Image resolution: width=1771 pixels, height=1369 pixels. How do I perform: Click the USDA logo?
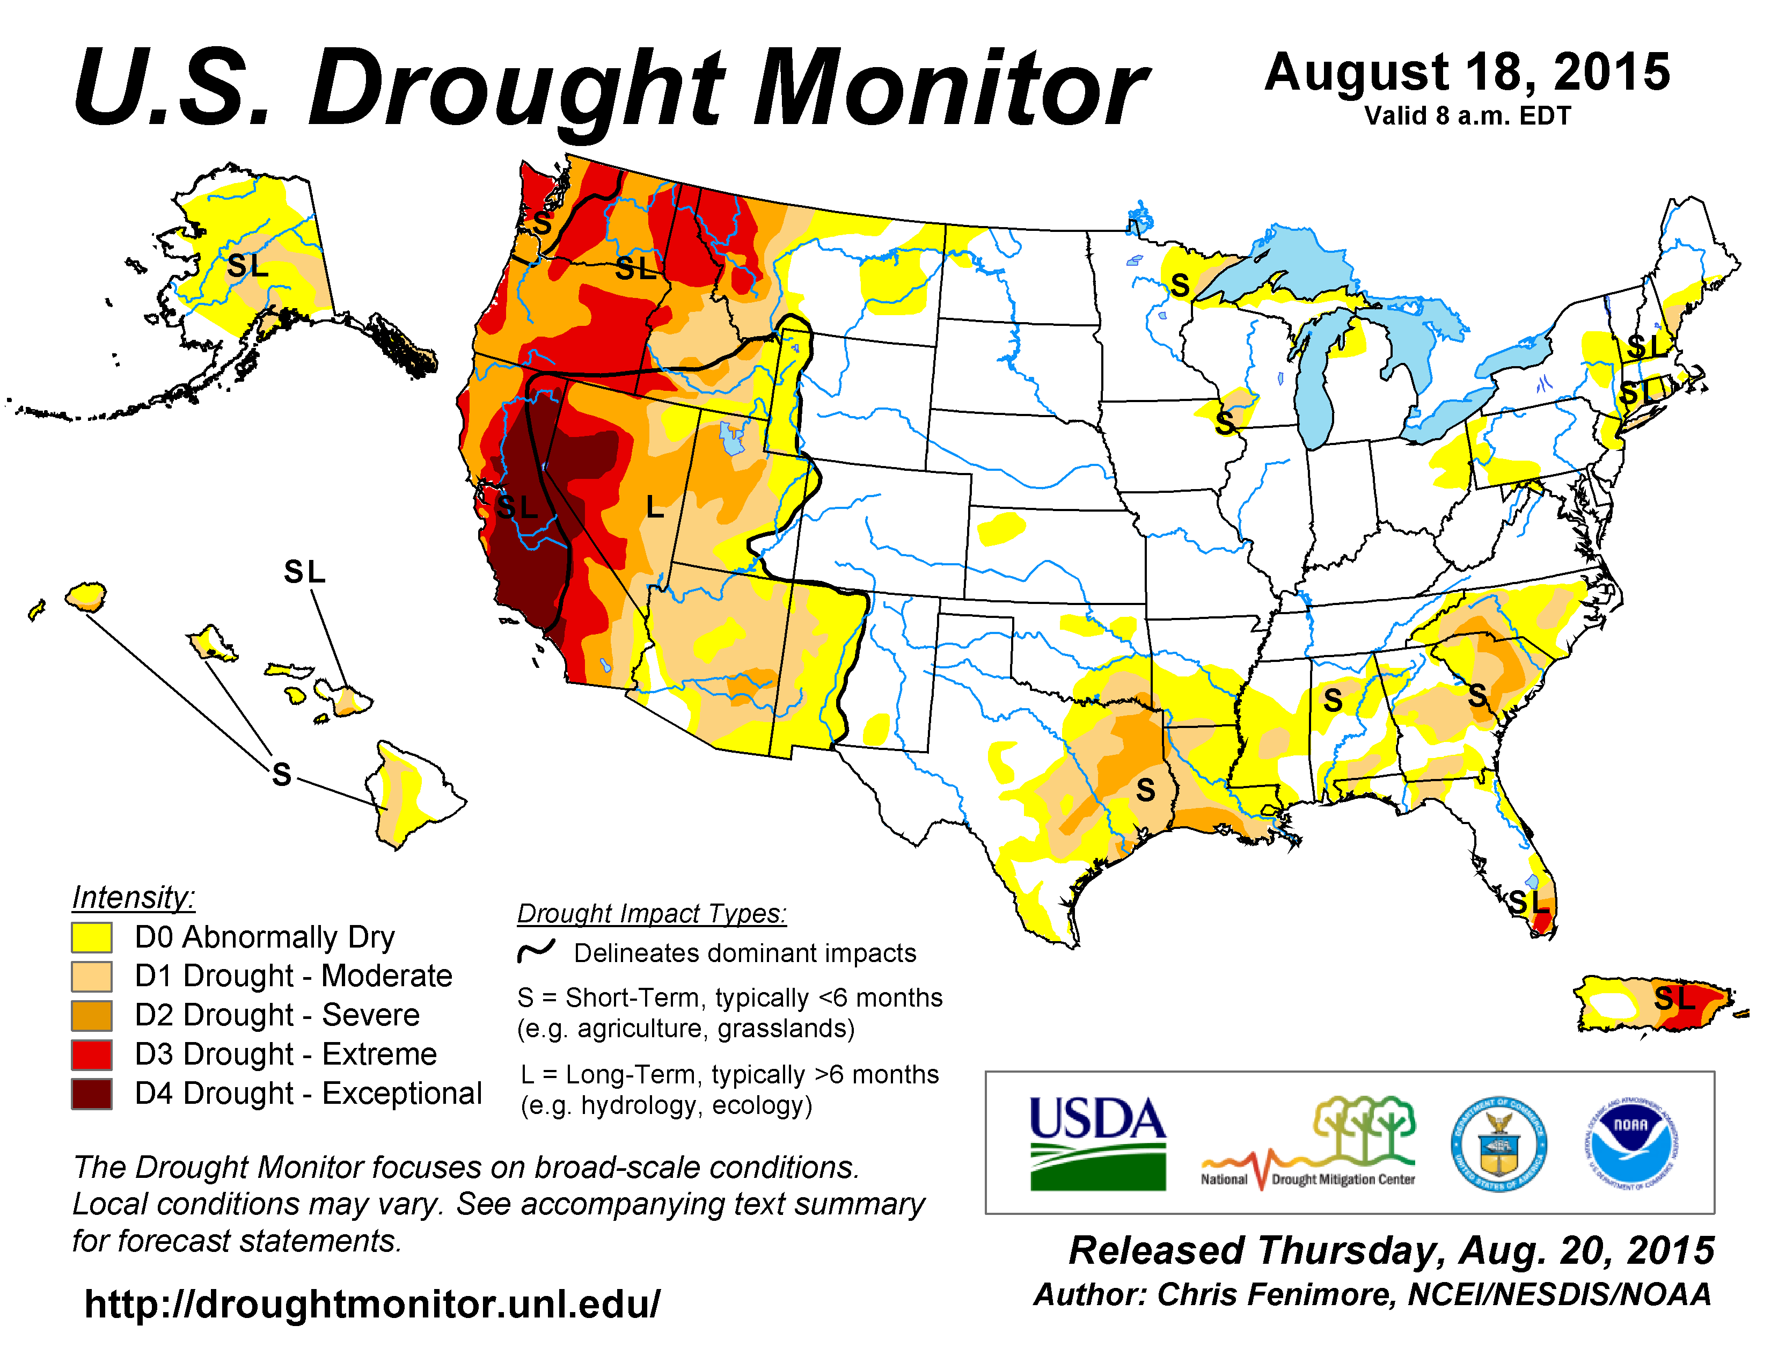coord(1097,1143)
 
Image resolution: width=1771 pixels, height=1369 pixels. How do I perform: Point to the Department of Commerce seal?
coord(1498,1145)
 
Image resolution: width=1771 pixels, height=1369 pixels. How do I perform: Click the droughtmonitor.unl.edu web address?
coord(372,1304)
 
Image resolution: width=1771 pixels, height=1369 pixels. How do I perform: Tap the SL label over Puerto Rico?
coord(1674,999)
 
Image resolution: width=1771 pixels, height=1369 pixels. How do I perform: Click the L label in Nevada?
coord(654,508)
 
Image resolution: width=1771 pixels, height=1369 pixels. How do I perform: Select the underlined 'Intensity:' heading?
coord(133,897)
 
